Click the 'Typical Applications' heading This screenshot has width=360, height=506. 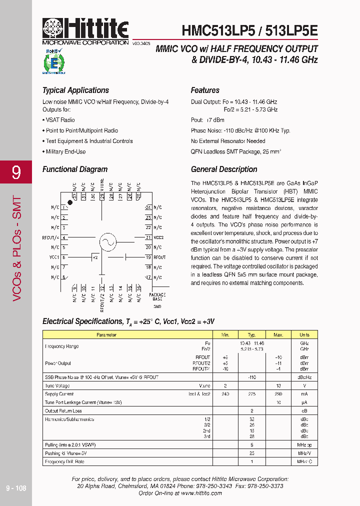(75, 90)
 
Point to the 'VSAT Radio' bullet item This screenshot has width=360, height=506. (60, 120)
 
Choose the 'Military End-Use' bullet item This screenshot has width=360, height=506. (65, 151)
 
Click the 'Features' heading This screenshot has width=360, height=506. (205, 90)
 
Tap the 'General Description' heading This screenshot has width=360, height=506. (224, 169)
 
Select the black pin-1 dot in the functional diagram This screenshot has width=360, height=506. (70, 202)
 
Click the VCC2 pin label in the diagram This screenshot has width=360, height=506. (158, 237)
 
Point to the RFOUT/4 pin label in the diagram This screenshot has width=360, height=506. (51, 237)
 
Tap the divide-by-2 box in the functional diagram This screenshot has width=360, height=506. (95, 257)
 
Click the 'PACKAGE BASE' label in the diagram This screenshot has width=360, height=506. (157, 297)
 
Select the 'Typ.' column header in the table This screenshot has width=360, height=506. (252, 335)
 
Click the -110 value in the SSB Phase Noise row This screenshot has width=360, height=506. (252, 377)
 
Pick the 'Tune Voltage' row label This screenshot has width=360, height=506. (57, 386)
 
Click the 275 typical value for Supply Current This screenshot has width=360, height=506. (252, 394)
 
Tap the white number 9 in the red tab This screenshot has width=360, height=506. (16, 172)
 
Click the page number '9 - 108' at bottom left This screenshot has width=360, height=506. (16, 488)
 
